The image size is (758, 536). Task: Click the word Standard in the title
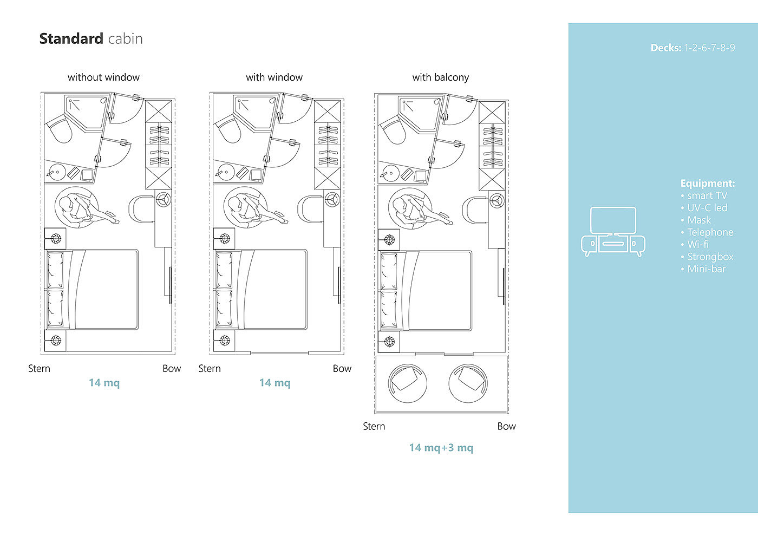click(71, 38)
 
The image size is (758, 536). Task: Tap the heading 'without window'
click(103, 77)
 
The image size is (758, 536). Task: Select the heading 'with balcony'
click(441, 77)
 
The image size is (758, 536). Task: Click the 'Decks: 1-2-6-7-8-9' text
click(692, 48)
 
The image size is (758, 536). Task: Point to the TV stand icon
click(613, 232)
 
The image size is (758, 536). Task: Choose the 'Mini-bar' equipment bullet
click(703, 269)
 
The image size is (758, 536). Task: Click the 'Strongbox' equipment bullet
click(707, 257)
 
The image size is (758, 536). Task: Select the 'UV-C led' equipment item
click(704, 208)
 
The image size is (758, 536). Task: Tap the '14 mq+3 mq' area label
click(441, 448)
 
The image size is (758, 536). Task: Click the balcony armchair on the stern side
click(407, 383)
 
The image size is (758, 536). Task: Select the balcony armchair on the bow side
click(468, 383)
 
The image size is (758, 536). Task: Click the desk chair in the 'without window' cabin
click(141, 208)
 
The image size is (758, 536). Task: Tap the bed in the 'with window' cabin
click(260, 290)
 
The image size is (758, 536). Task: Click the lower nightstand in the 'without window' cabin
click(55, 341)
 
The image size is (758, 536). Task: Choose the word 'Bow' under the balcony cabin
click(506, 427)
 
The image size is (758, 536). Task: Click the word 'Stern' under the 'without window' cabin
click(39, 369)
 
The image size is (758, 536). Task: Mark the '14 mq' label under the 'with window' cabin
click(275, 383)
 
